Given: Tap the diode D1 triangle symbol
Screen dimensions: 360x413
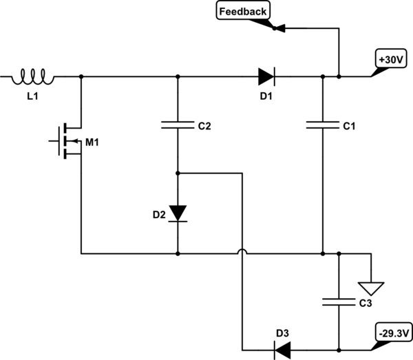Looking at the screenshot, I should pos(266,76).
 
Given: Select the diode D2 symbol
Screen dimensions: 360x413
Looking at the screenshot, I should pos(178,213).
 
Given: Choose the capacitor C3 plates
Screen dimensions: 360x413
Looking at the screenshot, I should pos(339,301).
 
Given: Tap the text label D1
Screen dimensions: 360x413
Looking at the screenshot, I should pos(266,95).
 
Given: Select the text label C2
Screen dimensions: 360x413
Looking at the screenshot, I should pos(204,127).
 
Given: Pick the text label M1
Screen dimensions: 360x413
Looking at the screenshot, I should pos(92,142).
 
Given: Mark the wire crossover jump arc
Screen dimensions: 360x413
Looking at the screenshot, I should pos(242,253).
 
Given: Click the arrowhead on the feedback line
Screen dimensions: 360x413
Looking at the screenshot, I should pos(279,28).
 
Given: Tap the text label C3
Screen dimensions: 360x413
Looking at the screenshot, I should pos(365,303).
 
